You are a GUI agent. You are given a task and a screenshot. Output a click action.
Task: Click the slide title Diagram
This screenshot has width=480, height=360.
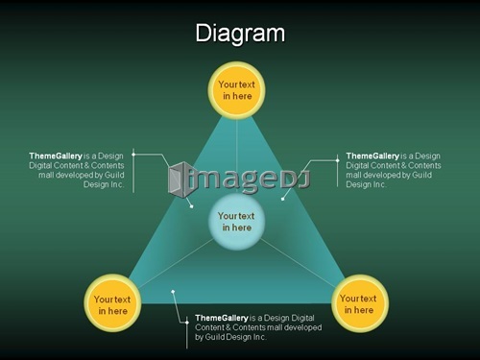point(240,34)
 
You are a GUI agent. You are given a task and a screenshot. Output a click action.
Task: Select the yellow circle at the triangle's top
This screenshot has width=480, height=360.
point(236,90)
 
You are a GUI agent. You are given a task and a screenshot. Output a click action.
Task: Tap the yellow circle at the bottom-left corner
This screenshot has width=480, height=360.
point(112,303)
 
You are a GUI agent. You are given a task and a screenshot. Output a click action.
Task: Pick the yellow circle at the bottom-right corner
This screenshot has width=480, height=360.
point(360,303)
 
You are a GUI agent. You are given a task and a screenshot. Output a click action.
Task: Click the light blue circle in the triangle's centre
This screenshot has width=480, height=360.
point(236,222)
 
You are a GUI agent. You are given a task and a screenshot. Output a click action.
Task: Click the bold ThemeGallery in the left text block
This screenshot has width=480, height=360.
point(56,156)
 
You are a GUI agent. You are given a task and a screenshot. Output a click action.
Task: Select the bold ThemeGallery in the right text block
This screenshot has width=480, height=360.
point(372,156)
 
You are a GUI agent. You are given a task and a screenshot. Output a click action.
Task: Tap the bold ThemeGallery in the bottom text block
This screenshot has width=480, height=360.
point(222,318)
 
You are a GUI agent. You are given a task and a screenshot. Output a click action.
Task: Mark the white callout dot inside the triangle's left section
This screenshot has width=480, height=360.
point(191,206)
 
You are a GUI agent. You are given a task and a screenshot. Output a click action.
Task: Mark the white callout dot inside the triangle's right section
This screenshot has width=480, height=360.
point(282,199)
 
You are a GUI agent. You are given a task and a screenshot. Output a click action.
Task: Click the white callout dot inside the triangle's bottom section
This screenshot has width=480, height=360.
point(173,292)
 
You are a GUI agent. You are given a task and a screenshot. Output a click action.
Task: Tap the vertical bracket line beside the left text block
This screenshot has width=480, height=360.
point(133,171)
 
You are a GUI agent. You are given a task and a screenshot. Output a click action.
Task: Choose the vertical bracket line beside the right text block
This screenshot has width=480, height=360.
point(337,171)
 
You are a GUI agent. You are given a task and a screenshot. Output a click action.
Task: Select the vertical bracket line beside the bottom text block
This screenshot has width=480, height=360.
point(187,333)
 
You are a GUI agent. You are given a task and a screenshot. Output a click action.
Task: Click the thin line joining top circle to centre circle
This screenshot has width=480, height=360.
point(236,156)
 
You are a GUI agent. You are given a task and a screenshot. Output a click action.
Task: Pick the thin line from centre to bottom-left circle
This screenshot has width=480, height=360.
point(176,262)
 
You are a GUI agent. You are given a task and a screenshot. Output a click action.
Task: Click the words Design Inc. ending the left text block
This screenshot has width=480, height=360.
point(104,184)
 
